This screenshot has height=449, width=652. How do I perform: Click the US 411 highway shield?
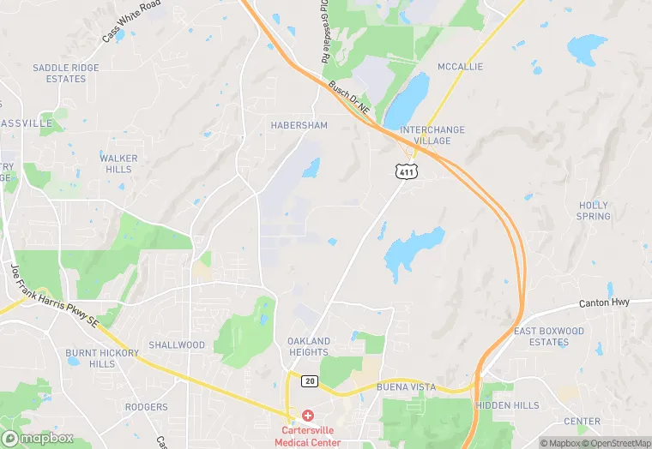[407, 172]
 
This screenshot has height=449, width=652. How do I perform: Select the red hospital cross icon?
[308, 416]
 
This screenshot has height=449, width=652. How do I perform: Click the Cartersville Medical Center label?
[308, 436]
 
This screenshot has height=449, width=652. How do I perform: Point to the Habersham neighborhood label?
[299, 125]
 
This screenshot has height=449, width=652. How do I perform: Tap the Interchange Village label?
[432, 135]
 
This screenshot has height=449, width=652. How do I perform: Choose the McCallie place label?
[461, 67]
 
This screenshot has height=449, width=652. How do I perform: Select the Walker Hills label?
[118, 164]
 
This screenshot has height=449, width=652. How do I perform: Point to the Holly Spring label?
[594, 211]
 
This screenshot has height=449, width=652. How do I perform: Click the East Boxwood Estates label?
[549, 337]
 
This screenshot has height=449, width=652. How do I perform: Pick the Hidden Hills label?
[508, 405]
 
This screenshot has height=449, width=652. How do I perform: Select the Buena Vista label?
[406, 387]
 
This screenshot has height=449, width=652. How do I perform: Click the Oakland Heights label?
[309, 346]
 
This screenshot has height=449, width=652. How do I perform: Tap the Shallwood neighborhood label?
[177, 345]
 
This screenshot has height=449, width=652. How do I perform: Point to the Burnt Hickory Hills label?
[102, 358]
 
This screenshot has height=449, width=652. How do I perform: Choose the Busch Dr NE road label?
[350, 99]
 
